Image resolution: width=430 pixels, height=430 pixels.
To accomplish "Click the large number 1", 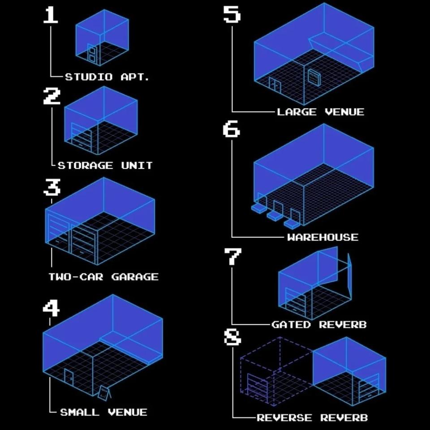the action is [51, 15].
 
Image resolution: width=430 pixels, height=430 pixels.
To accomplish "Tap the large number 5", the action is [232, 14].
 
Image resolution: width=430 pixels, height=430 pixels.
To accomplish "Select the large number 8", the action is [232, 336].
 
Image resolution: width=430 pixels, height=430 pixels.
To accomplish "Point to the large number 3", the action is [52, 187].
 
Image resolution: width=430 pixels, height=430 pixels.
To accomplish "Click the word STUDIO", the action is [89, 77].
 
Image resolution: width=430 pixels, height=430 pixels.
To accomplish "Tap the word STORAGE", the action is [85, 166].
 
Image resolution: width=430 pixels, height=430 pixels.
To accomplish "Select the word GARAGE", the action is [135, 277].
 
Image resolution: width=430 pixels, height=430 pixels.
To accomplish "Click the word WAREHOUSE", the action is [323, 237].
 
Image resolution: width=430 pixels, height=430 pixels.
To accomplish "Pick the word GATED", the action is [291, 325].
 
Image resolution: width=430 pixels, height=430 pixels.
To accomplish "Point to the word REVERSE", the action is [284, 418].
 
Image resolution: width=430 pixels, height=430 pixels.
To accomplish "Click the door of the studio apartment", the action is [92, 53].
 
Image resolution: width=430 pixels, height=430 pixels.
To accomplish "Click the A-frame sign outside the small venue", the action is [104, 392].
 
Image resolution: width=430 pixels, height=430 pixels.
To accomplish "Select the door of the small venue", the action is [69, 378].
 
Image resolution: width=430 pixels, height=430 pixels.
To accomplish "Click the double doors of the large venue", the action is [275, 84].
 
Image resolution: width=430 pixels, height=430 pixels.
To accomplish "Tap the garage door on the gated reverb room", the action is [296, 301].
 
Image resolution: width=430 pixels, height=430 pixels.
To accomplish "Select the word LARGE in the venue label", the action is [297, 112].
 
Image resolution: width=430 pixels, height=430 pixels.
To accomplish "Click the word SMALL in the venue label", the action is [80, 413].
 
